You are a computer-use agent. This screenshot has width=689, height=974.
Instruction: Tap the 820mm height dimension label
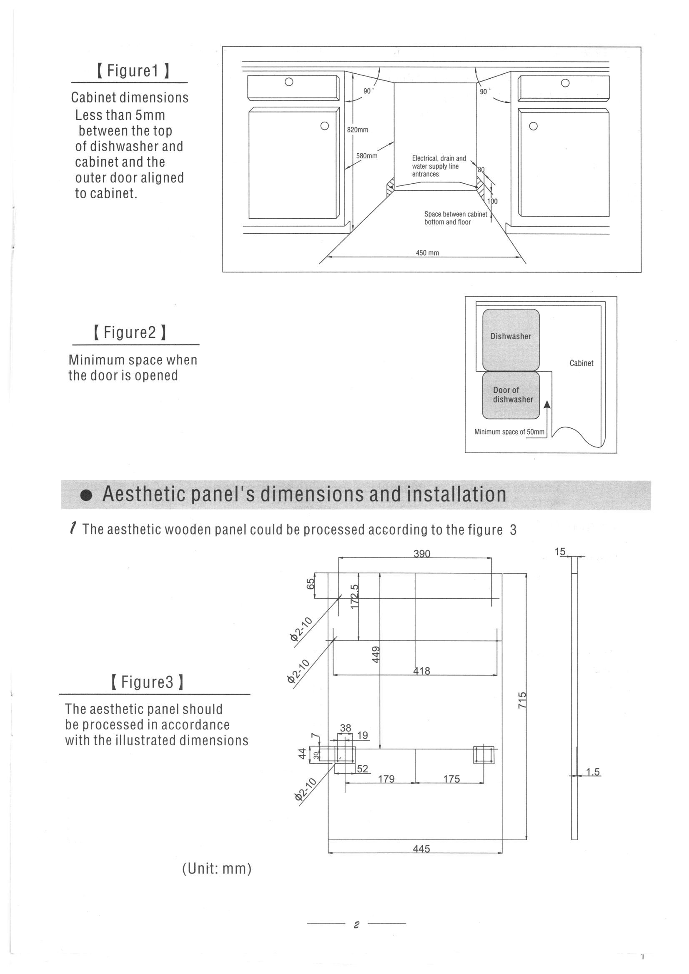pos(358,130)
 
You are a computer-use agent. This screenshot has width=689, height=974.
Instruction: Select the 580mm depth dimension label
pos(366,156)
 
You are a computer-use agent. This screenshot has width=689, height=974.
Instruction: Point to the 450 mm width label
pos(427,253)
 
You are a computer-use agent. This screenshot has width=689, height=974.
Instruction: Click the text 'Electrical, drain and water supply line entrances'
pos(438,166)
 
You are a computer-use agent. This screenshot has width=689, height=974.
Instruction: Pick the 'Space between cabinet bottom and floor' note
pos(455,218)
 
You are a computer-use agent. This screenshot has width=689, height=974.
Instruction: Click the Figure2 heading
pos(130,332)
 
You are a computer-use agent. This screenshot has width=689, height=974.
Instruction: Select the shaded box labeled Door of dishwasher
pos(511,395)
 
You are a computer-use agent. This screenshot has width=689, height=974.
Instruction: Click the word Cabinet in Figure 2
pos(581,363)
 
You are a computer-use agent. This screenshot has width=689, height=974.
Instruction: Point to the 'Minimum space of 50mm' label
pos(509,432)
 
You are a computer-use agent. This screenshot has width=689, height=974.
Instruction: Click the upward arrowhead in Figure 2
pos(547,405)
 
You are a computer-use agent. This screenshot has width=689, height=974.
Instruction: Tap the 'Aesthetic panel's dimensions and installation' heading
pos(304,494)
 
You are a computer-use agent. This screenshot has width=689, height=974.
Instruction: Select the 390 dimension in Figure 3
pos(421,554)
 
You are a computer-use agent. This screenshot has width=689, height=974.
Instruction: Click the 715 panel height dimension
pos(523,700)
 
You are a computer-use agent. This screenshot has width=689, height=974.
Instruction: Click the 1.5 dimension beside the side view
pos(593,772)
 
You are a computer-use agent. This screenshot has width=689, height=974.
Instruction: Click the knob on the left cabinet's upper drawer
pos(289,82)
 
